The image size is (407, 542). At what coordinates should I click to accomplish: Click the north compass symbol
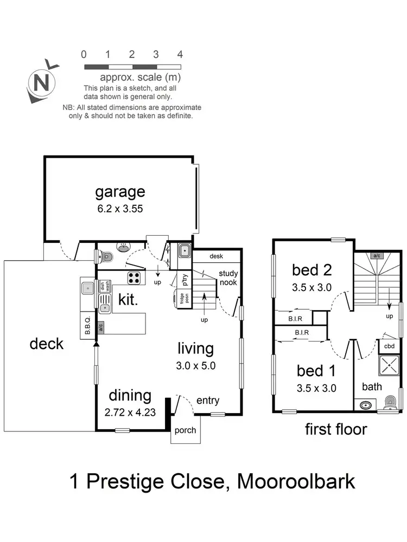(41, 83)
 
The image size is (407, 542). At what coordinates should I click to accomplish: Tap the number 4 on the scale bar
(180, 54)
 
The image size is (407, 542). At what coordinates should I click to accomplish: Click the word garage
(120, 191)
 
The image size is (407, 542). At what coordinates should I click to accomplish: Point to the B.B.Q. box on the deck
(87, 325)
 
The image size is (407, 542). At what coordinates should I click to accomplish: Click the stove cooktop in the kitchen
(134, 278)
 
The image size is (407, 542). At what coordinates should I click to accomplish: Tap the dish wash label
(105, 286)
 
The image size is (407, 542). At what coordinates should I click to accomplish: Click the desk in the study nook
(215, 256)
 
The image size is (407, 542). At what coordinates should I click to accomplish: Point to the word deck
(47, 344)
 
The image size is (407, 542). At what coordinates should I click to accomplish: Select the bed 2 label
(311, 269)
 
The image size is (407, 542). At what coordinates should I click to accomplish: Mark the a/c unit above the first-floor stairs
(376, 255)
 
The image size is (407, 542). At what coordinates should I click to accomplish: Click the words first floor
(336, 430)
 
